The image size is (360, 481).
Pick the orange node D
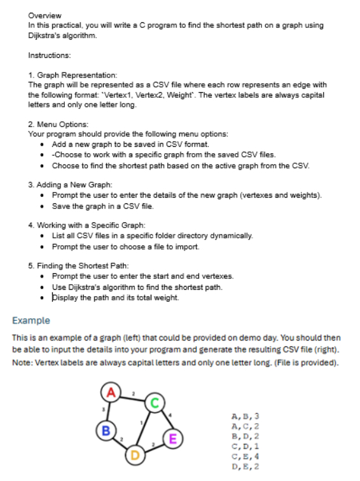[134, 454]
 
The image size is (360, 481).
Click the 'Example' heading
[31, 320]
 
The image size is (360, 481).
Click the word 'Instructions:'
[50, 56]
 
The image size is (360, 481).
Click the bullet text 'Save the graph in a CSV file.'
[102, 206]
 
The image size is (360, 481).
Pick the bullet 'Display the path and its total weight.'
[115, 297]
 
